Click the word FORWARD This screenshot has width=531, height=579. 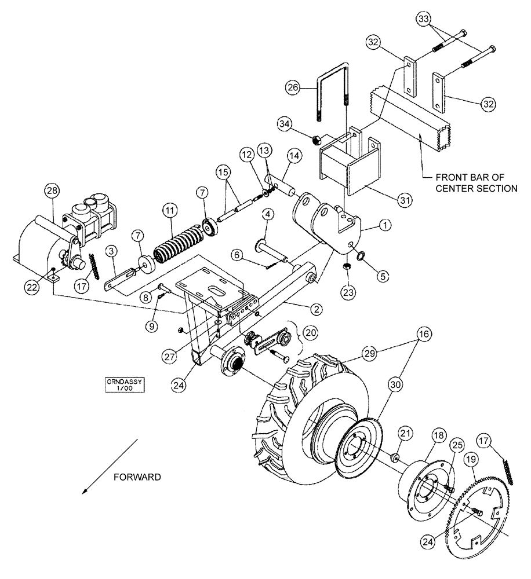tap(137, 477)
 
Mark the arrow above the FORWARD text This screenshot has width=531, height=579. tap(110, 467)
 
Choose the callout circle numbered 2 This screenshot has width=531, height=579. tap(317, 308)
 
